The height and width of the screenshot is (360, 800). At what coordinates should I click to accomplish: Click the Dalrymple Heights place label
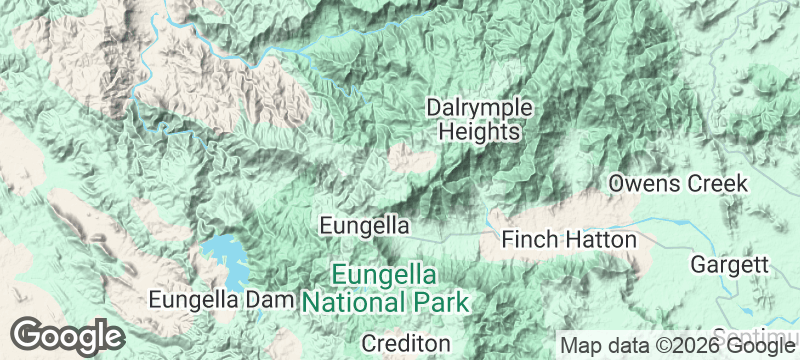[x=479, y=119]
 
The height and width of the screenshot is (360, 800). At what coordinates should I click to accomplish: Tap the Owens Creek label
[x=678, y=184]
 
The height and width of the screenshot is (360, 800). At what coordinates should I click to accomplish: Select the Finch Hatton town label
[x=568, y=240]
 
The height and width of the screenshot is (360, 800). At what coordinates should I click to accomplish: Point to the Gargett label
[x=729, y=265]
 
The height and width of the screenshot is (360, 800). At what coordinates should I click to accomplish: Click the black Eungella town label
[x=364, y=225]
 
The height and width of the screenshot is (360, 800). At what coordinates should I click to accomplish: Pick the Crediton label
[x=405, y=343]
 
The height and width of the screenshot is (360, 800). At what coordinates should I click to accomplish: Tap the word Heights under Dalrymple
[x=479, y=132]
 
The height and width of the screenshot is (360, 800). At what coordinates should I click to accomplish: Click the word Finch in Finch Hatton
[x=530, y=240]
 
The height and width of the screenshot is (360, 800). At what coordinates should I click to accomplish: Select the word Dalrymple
[x=479, y=107]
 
